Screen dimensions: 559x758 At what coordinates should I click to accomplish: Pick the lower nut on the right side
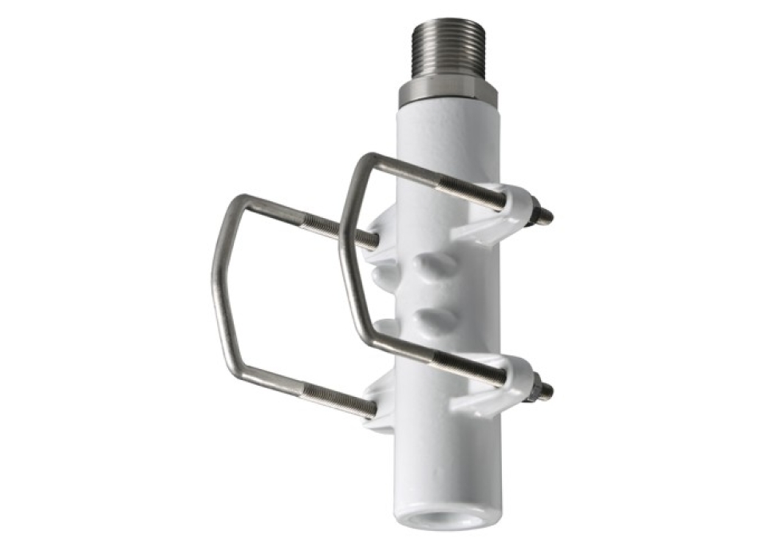[x=533, y=386]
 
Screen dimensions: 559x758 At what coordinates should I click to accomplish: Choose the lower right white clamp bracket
[x=499, y=391]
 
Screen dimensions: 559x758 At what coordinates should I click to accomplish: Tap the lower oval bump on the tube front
[x=438, y=319]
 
